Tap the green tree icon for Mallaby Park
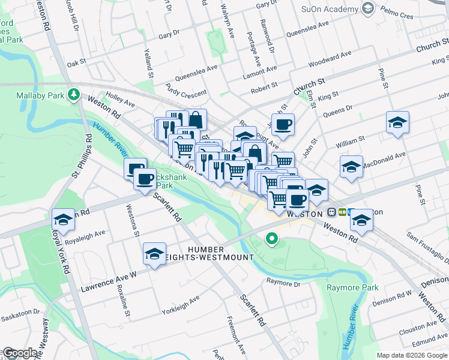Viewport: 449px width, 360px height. coord(74,94)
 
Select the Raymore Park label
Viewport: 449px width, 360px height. coord(352,288)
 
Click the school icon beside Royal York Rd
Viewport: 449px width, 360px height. coord(63,220)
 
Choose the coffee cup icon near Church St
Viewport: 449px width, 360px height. coord(283,125)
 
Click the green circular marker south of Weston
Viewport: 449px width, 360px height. coord(272,240)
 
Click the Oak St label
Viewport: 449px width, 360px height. coord(77,62)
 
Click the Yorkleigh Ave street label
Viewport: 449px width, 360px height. coord(180,305)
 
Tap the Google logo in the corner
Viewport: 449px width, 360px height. coord(19,353)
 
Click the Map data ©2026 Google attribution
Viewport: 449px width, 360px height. coord(411,355)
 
